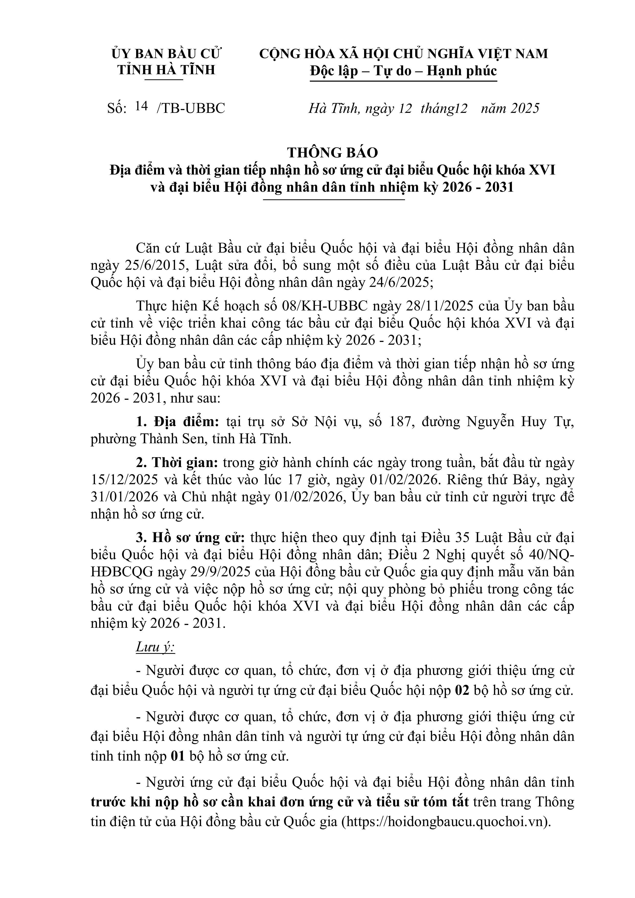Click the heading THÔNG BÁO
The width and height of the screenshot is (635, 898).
pos(332,153)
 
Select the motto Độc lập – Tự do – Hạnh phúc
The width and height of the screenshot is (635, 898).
pos(403,71)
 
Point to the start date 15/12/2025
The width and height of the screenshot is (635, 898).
pos(124,480)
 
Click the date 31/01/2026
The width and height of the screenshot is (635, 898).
pos(124,497)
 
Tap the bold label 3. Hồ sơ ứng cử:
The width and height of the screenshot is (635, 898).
pos(190,538)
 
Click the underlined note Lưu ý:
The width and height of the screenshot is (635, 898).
pos(155,647)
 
